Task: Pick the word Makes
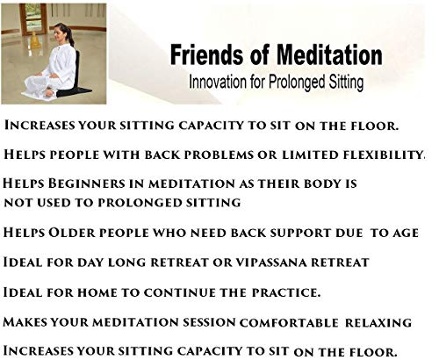coord(31,320)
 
